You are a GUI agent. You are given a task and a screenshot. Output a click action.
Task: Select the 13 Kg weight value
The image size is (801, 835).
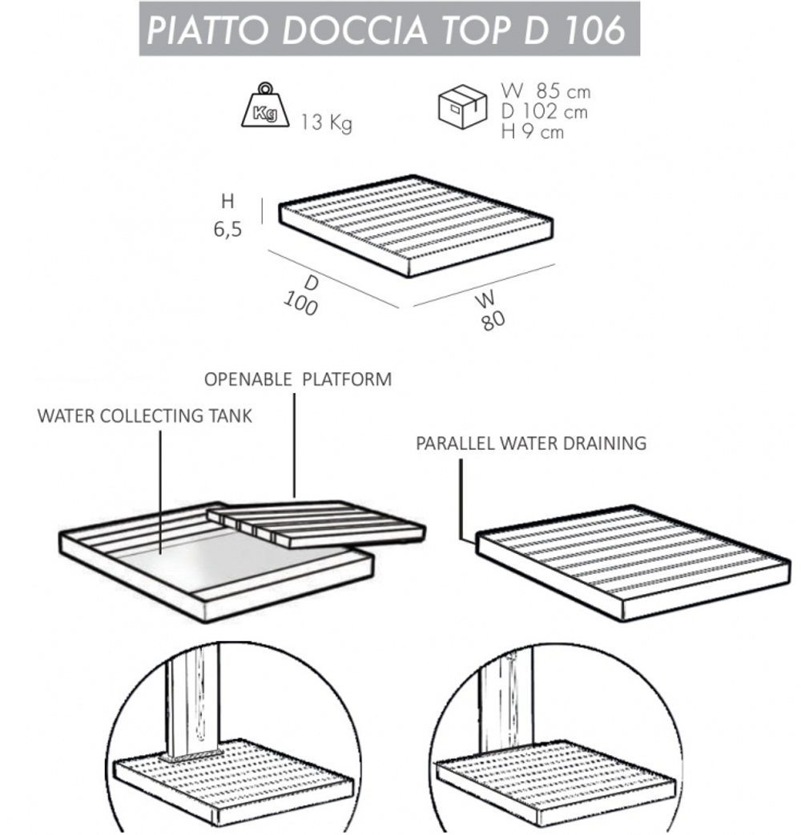click(x=326, y=123)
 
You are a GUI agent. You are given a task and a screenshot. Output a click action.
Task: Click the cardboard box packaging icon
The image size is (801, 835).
click(x=463, y=106)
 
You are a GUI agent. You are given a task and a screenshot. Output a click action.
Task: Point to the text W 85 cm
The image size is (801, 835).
click(x=545, y=91)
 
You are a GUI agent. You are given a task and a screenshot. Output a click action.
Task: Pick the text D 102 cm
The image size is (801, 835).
click(x=544, y=111)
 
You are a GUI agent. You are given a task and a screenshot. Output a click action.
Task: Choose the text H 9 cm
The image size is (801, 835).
click(x=532, y=131)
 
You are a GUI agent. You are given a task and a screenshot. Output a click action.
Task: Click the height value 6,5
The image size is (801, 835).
click(x=227, y=231)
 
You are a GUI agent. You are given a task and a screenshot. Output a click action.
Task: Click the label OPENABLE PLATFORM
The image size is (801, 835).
click(x=298, y=379)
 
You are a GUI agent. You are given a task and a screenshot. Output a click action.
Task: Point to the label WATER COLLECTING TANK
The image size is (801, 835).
click(x=144, y=416)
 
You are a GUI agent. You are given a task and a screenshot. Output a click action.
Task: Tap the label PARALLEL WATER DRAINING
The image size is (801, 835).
click(x=531, y=443)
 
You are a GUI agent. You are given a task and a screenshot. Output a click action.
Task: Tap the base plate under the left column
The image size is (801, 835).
click(x=193, y=756)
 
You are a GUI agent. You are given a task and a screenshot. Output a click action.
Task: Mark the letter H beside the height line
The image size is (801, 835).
click(x=228, y=203)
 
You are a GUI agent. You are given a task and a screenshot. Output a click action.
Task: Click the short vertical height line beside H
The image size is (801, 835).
click(x=262, y=210)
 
